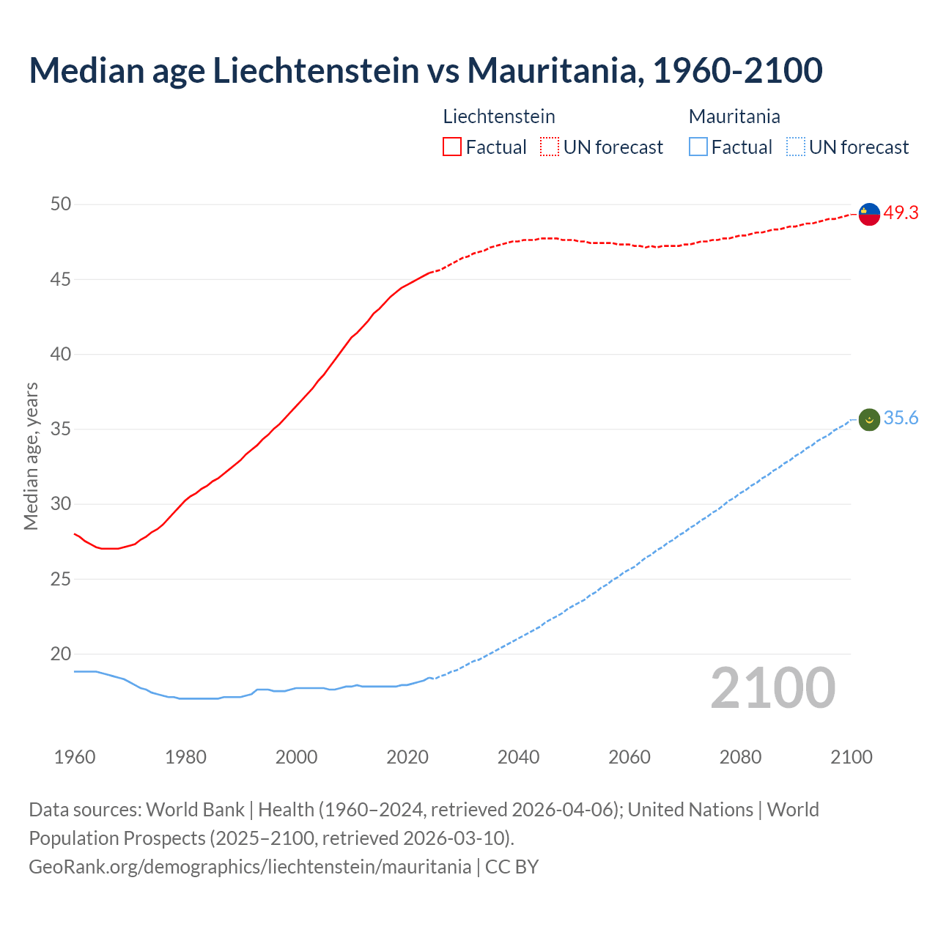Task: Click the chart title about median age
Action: (425, 70)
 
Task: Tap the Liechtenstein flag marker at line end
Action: (868, 214)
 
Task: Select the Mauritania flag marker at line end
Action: (868, 420)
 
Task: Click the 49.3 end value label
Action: (901, 213)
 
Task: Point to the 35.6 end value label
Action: (901, 418)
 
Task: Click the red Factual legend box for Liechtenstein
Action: (452, 147)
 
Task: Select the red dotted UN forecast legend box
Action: (550, 147)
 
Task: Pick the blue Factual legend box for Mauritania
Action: (698, 147)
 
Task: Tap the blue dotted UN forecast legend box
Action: (795, 147)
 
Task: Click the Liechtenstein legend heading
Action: (499, 117)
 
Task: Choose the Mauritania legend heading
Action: (734, 117)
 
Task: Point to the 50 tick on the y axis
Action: (61, 204)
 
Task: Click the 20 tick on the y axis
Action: (61, 654)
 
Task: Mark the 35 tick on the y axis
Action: (61, 429)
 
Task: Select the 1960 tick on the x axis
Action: (75, 757)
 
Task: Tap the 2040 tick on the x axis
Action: (518, 757)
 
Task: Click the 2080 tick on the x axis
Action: (740, 757)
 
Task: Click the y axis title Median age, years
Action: (31, 456)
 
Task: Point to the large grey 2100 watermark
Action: (772, 688)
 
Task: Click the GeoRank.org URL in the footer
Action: (250, 867)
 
